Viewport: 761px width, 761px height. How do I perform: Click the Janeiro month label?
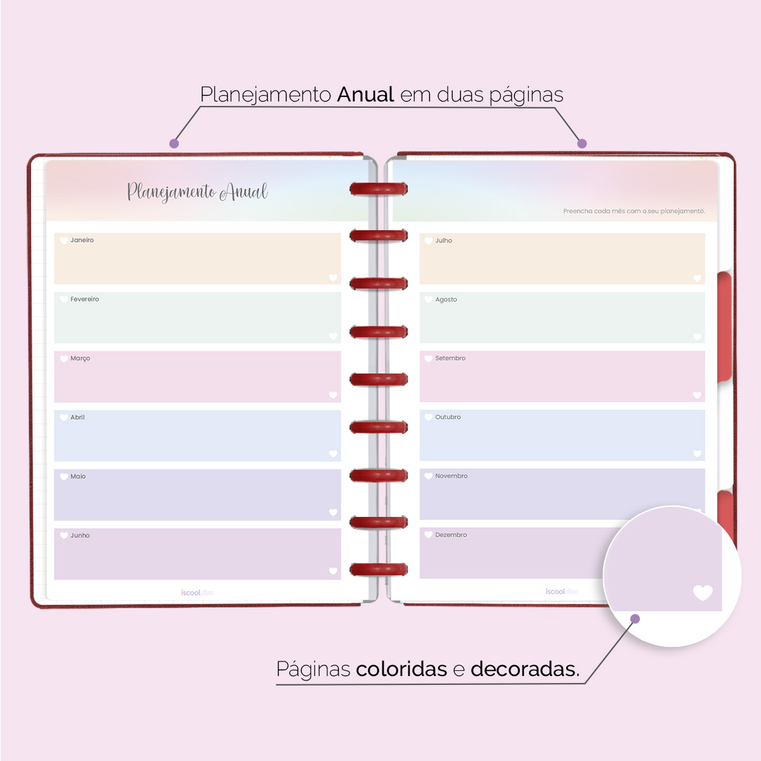[x=82, y=240]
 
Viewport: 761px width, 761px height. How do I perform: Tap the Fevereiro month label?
[x=84, y=299]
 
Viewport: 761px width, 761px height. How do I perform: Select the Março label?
[x=80, y=358]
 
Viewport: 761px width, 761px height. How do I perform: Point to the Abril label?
[x=77, y=417]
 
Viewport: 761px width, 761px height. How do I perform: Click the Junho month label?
[x=80, y=535]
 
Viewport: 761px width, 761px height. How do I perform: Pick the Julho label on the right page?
[x=443, y=241]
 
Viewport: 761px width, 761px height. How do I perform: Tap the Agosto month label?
[x=446, y=299]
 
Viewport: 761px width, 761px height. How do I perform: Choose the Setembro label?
[x=450, y=358]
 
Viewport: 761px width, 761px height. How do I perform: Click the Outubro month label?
[x=448, y=417]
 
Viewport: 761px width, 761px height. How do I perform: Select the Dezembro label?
[x=451, y=535]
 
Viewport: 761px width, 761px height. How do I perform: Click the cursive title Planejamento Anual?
[x=197, y=192]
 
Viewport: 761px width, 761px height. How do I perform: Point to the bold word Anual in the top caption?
[x=366, y=95]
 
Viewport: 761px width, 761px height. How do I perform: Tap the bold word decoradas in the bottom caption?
[x=524, y=669]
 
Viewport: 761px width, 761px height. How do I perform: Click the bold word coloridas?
[x=401, y=669]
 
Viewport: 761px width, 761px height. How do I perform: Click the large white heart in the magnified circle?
[x=703, y=592]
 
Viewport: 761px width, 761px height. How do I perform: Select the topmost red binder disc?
[x=379, y=189]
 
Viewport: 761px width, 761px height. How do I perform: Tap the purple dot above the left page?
[x=174, y=144]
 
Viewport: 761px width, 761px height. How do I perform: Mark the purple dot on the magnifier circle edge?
[x=635, y=619]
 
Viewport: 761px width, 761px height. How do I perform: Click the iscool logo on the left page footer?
[x=197, y=593]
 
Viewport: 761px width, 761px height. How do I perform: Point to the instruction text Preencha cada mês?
[x=634, y=211]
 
